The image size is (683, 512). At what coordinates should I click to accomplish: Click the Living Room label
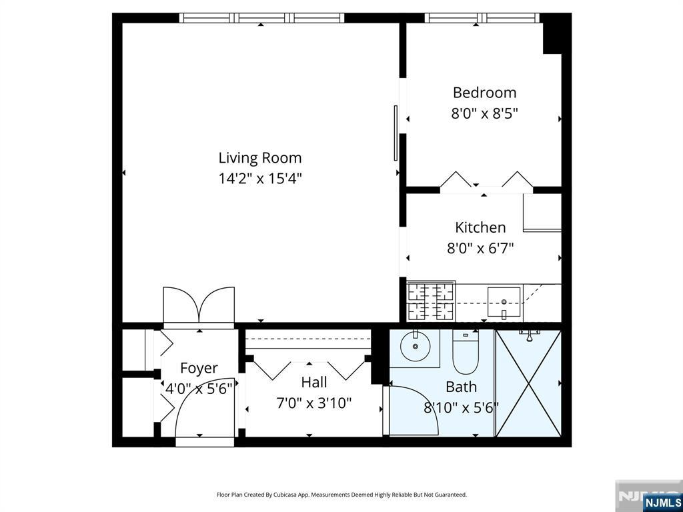coord(260,157)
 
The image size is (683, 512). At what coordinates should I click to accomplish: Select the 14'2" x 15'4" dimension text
coord(260,179)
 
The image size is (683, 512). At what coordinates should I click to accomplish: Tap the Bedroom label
coord(484,92)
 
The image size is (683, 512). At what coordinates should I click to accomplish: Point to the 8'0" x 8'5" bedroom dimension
coord(484,113)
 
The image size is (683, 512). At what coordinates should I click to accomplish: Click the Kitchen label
coord(480,227)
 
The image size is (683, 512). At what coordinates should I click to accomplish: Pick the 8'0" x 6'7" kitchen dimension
coord(480,249)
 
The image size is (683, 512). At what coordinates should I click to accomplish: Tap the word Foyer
coord(199,368)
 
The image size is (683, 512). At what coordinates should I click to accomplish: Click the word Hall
coord(314,382)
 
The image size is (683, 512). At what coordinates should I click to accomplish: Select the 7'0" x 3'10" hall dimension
coord(314,403)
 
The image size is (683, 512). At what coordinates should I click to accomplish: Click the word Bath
coord(462,387)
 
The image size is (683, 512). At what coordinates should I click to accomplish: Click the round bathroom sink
coord(415,346)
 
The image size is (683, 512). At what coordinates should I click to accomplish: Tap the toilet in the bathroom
coord(466,352)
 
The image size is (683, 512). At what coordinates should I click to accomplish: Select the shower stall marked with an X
coord(528,383)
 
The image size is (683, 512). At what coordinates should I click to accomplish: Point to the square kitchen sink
coord(504,302)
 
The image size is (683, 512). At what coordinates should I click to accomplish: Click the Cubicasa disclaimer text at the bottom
coord(342,495)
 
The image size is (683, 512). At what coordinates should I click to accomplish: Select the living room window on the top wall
coord(261,18)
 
